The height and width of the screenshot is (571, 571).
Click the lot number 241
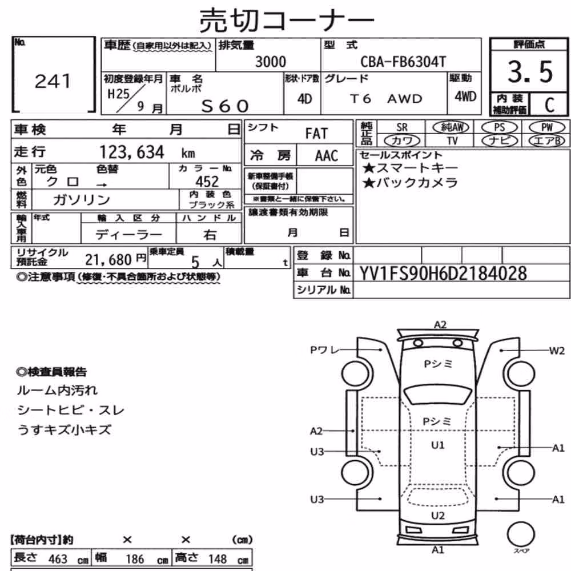53,81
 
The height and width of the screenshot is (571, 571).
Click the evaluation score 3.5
530,72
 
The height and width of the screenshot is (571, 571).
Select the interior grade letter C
549,105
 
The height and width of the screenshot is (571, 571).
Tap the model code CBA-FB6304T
403,62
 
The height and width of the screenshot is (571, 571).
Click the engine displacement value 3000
270,62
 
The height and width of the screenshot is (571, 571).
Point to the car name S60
225,106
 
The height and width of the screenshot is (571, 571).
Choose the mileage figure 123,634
132,152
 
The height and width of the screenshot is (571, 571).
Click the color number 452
207,182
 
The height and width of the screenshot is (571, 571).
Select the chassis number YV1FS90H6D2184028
443,274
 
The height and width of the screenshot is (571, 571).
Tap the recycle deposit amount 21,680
108,260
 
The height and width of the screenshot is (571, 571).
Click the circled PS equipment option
499,127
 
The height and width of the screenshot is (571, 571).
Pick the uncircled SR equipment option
401,127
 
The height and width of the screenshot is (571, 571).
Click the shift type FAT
316,134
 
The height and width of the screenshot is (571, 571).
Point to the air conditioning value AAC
326,156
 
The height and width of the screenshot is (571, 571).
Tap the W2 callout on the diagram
556,351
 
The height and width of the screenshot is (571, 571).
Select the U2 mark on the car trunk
437,516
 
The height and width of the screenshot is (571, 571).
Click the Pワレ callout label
324,350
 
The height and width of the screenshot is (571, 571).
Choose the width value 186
135,559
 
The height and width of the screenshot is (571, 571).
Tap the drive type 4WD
465,96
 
